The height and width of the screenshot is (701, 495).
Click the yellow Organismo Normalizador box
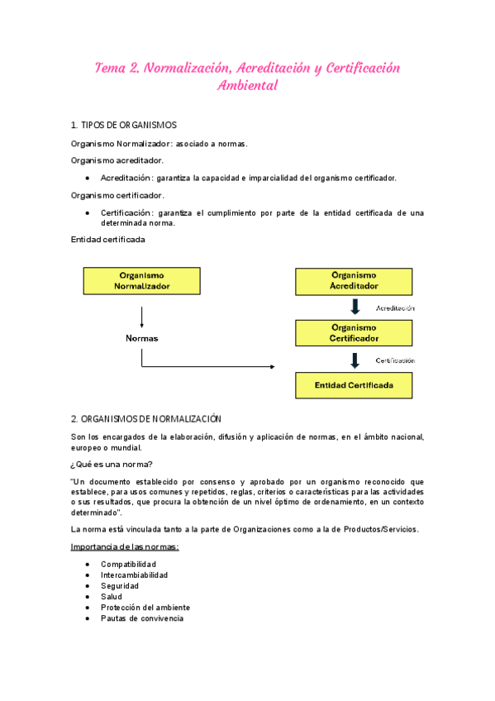pyautogui.click(x=141, y=281)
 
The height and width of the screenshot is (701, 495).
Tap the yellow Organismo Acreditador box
pyautogui.click(x=354, y=281)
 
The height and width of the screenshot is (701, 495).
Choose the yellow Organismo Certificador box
pyautogui.click(x=354, y=333)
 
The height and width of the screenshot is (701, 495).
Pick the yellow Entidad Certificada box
pyautogui.click(x=354, y=385)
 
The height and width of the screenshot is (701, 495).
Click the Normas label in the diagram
pyautogui.click(x=141, y=339)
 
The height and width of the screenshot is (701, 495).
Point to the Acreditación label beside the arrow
pyautogui.click(x=395, y=308)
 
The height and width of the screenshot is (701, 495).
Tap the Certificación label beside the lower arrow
pyautogui.click(x=395, y=360)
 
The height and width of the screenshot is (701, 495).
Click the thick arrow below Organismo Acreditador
pyautogui.click(x=355, y=308)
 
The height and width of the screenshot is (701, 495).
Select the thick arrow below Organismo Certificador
pyautogui.click(x=355, y=360)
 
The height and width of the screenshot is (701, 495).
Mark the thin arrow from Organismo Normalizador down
pyautogui.click(x=141, y=317)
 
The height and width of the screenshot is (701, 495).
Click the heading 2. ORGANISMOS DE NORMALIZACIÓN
pyautogui.click(x=146, y=419)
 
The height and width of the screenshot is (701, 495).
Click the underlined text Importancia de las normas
pyautogui.click(x=125, y=547)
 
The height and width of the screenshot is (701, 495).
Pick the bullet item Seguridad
pyautogui.click(x=121, y=586)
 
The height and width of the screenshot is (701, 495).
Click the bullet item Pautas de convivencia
pyautogui.click(x=141, y=618)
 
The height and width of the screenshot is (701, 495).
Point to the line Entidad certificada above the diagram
pyautogui.click(x=108, y=240)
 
